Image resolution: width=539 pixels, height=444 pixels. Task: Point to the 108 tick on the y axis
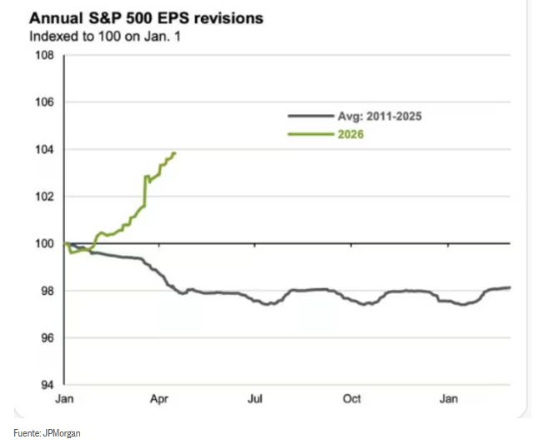[x=43, y=56]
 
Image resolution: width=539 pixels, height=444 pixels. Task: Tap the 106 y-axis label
[x=43, y=102]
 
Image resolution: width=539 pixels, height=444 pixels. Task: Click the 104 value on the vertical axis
[x=43, y=150]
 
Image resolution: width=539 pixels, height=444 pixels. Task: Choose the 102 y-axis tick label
[x=43, y=197]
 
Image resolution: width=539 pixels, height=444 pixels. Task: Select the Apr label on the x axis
[x=161, y=399]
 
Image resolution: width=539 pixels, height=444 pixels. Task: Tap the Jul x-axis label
[x=255, y=399]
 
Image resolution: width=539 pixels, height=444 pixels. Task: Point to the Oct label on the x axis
[x=352, y=399]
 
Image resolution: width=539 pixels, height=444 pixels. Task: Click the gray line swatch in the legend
[x=305, y=117]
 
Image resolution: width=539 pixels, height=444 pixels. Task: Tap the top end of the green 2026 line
[x=174, y=153]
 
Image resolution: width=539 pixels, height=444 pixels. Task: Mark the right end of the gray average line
[x=510, y=287]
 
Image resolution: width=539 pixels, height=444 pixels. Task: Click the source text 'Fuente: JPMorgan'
[x=48, y=432]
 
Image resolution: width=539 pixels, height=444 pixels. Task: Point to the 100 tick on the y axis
[x=43, y=244]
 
